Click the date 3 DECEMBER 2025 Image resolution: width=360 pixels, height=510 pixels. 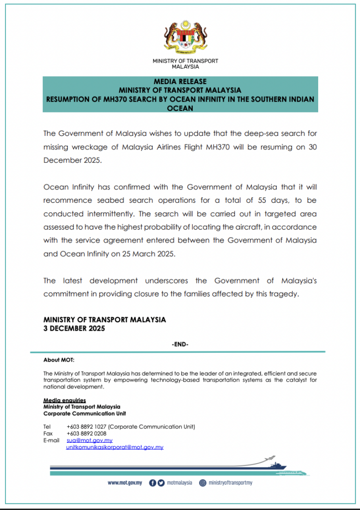pos(74,329)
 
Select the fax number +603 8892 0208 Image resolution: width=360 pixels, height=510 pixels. pos(86,433)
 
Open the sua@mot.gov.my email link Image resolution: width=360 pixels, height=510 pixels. pos(89,440)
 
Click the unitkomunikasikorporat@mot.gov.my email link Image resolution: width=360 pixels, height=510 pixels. pos(115,447)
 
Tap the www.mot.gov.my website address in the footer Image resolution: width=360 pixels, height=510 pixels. pos(125,483)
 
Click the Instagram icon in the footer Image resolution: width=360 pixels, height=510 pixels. pos(203,483)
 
